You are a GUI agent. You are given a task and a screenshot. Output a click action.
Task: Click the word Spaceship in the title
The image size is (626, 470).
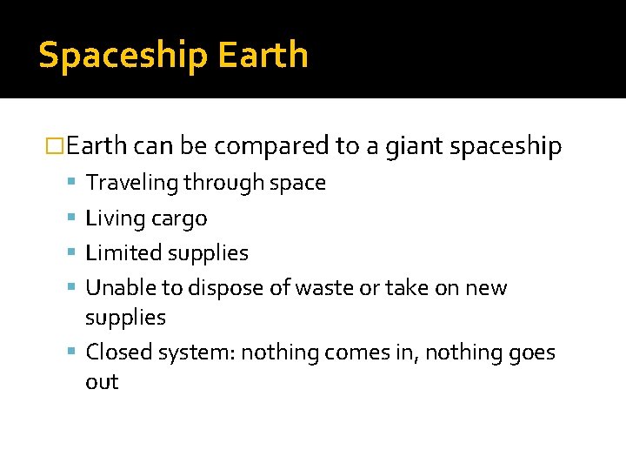coord(122,56)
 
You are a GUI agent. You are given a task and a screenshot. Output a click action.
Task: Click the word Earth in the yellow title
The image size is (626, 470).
coord(263,54)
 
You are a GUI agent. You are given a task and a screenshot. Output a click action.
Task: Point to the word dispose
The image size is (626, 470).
coord(222,289)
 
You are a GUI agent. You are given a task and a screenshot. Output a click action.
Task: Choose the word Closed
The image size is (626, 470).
coord(117,352)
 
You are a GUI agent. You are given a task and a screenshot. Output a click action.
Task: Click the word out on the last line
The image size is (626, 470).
coord(102,382)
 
